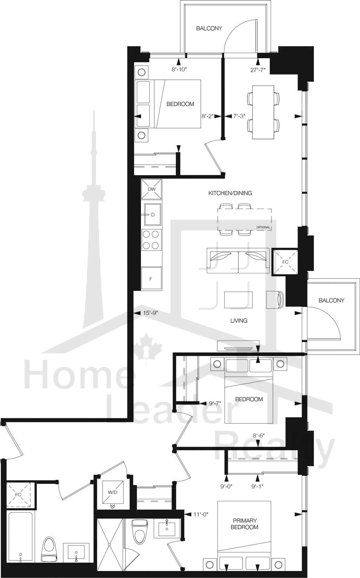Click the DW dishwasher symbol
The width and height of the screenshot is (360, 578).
coord(152,189)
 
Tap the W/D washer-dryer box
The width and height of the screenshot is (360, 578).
coord(112,492)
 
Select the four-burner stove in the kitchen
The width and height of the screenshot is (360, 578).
coord(152,240)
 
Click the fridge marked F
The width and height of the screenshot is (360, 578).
coord(152,278)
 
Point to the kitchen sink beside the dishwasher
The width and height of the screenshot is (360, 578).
coord(153,214)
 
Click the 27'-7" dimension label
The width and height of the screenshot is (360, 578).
coord(258,70)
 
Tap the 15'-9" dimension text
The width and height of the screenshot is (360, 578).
coord(150,313)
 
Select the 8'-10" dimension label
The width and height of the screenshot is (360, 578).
coord(179,69)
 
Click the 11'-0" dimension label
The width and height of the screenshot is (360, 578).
coord(201,514)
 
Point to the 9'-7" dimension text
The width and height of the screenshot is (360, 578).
coord(214,403)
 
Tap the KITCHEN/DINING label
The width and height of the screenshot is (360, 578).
coord(230,193)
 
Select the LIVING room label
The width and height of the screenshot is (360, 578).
coord(239,320)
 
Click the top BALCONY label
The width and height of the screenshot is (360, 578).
coord(209,28)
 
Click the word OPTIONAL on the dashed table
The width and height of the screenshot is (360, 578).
coord(263,227)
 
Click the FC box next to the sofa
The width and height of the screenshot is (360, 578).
coord(285,262)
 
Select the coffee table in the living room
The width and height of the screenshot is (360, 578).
coord(238,300)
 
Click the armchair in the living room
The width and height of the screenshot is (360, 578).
coord(275,299)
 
